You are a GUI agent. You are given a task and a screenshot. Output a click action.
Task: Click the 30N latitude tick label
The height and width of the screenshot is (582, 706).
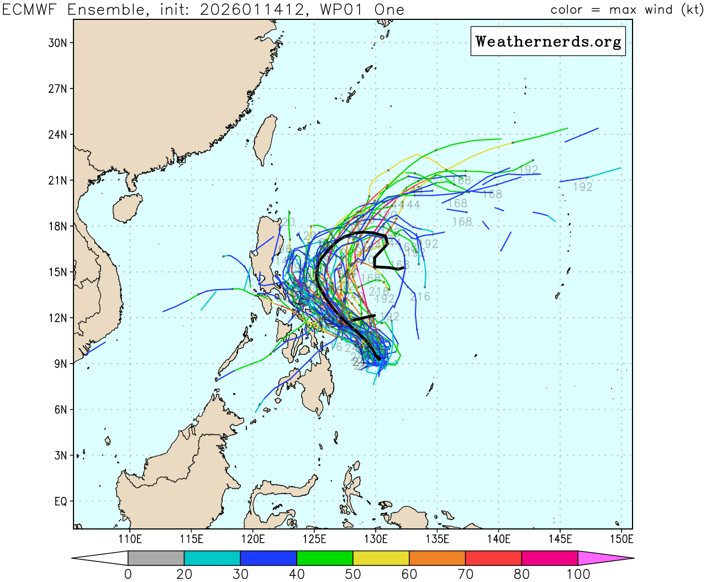(57, 43)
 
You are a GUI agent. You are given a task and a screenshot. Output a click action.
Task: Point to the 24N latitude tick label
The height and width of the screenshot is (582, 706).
(57, 135)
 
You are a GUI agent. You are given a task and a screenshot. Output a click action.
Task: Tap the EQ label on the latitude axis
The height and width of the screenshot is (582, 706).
(60, 501)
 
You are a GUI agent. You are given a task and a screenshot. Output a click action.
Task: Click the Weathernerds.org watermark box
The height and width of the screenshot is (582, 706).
(548, 41)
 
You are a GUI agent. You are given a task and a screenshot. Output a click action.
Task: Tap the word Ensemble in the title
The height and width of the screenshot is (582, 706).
(105, 10)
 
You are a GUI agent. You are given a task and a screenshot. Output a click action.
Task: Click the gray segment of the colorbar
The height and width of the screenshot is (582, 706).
(156, 558)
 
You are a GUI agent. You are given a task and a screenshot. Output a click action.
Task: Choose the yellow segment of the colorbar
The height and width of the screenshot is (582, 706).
(381, 558)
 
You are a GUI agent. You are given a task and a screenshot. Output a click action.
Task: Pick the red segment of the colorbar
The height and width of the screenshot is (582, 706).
(493, 558)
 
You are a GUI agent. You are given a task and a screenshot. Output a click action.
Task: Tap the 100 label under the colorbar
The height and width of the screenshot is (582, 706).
(578, 574)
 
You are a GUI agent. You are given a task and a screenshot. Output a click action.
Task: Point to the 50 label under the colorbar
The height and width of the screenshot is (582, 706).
(352, 574)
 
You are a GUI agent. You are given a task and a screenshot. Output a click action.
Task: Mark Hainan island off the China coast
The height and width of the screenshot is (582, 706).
(127, 207)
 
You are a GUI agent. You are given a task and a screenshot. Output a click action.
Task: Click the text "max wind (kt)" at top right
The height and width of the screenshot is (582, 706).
(656, 10)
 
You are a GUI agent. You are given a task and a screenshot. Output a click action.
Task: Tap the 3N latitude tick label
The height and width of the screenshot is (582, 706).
(60, 455)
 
